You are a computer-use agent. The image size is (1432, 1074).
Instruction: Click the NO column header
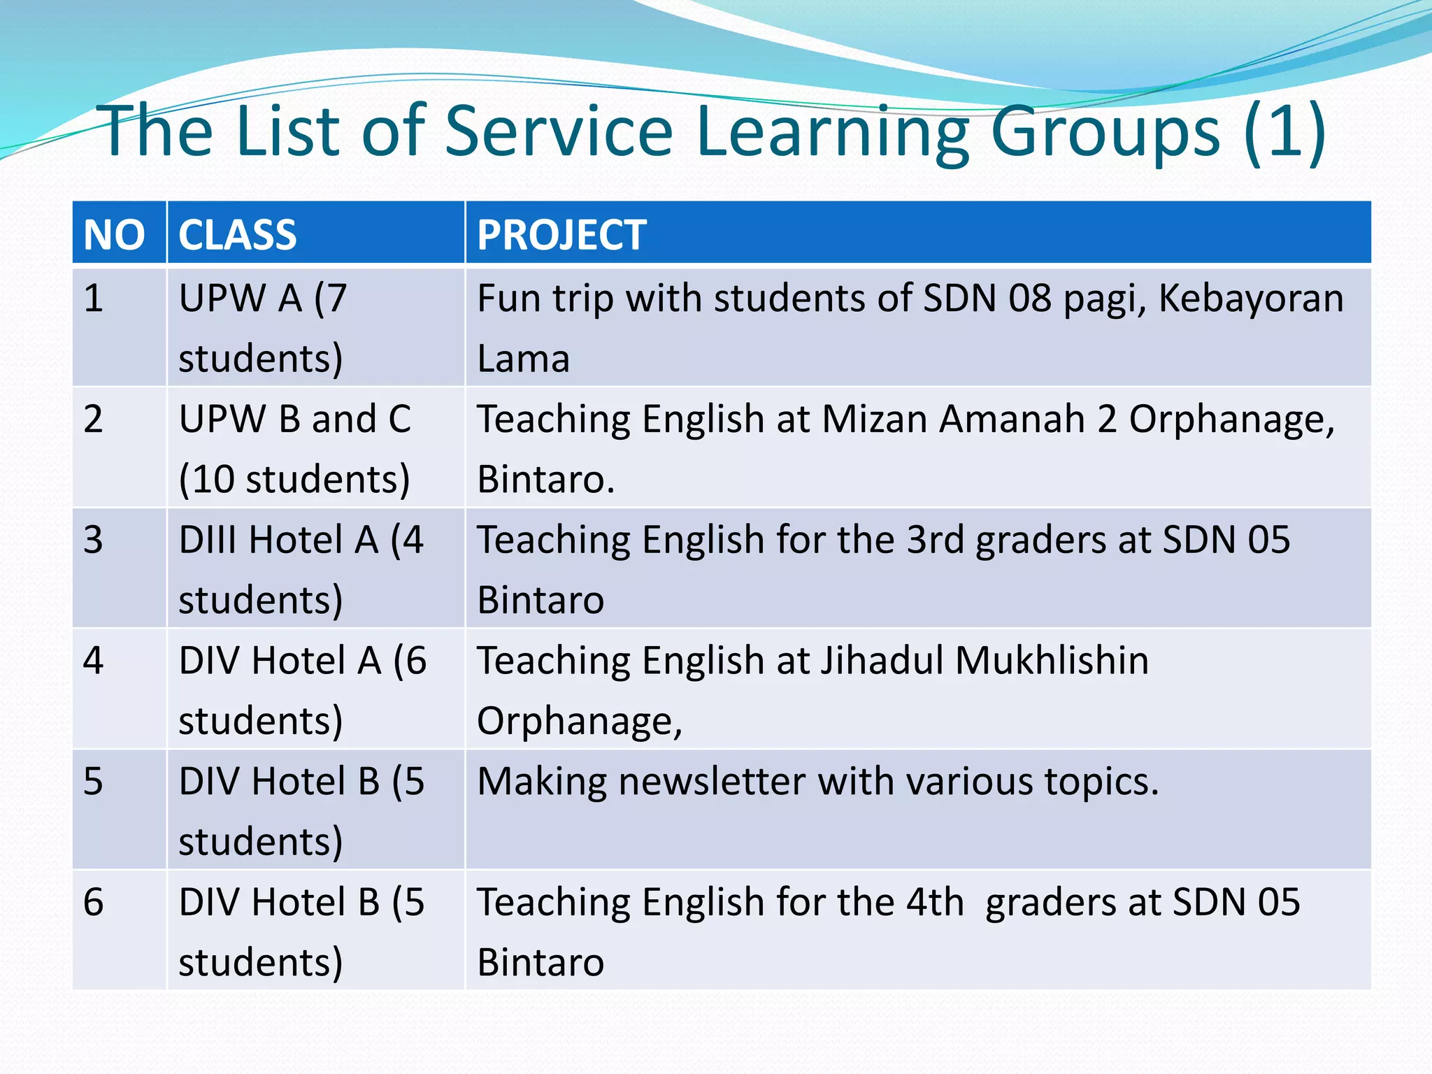click(x=114, y=234)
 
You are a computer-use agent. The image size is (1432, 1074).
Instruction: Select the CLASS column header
click(x=238, y=234)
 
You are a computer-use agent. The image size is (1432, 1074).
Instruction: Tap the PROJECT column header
click(x=561, y=234)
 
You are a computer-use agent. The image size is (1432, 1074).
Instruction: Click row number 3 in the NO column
click(x=93, y=540)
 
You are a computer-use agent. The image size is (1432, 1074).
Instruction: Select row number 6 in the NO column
click(x=93, y=903)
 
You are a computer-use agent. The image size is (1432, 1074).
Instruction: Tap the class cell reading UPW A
click(x=262, y=328)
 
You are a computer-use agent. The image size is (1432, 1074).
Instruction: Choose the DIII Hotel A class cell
click(x=301, y=570)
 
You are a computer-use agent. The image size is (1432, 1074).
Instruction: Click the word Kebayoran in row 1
click(x=1251, y=299)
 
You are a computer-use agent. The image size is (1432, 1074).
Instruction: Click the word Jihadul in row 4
click(x=882, y=661)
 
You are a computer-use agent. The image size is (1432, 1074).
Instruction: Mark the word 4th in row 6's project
click(x=935, y=903)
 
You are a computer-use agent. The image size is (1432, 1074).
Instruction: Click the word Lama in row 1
click(x=523, y=359)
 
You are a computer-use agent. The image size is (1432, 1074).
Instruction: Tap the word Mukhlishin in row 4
click(x=1052, y=661)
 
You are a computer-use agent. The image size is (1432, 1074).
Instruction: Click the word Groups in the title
click(x=1105, y=131)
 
